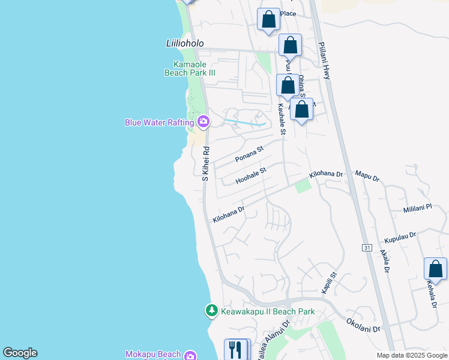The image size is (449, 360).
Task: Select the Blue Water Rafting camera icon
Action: pos(203,122)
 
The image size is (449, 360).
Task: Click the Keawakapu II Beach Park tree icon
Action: pos(211,311)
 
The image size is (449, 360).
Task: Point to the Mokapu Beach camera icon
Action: pos(190,355)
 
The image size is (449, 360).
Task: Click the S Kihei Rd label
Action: pos(205,164)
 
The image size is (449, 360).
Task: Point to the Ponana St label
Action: pos(249,155)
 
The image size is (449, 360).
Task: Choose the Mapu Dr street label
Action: pos(367,178)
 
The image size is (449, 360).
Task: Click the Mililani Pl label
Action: pos(418,208)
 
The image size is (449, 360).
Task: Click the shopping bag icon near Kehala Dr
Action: pos(435,269)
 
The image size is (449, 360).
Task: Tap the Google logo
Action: pos(20,353)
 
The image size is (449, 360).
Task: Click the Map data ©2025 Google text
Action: pos(411,355)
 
